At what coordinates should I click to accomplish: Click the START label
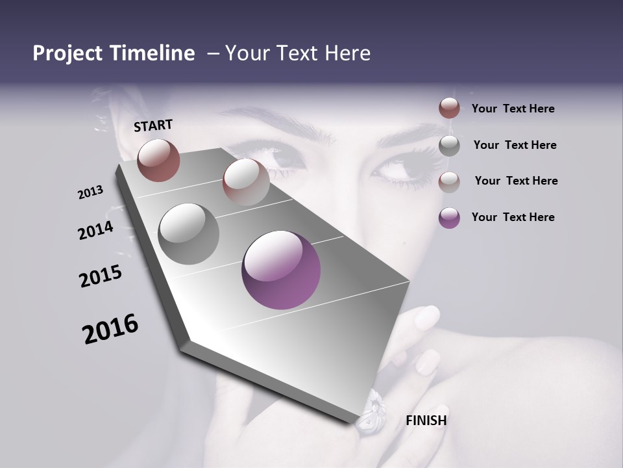click(153, 125)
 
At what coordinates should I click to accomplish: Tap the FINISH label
click(426, 421)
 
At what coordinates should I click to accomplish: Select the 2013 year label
click(91, 192)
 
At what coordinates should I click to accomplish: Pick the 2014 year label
click(95, 230)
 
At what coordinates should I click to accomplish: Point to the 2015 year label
click(101, 276)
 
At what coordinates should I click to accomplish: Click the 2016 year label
click(110, 329)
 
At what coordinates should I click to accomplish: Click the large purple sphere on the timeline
click(281, 270)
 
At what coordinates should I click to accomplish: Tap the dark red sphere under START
click(158, 160)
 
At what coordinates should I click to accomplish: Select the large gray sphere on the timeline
click(188, 233)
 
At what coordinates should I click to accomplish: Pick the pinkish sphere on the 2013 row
click(246, 182)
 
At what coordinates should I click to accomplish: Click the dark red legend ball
click(449, 109)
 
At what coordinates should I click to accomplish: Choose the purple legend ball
click(449, 217)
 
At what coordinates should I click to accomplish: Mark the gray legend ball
click(449, 145)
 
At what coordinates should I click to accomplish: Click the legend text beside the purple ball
click(513, 217)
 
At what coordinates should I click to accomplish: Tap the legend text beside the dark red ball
click(513, 109)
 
